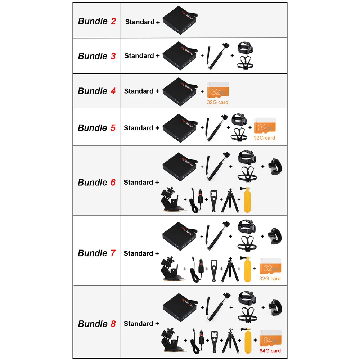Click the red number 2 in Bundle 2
point(113,21)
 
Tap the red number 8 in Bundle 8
point(113,324)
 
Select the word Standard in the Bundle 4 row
point(139,91)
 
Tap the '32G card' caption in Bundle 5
point(265,138)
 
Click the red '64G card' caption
point(270,351)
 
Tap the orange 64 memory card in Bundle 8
point(270,338)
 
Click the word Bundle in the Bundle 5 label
point(93,128)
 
